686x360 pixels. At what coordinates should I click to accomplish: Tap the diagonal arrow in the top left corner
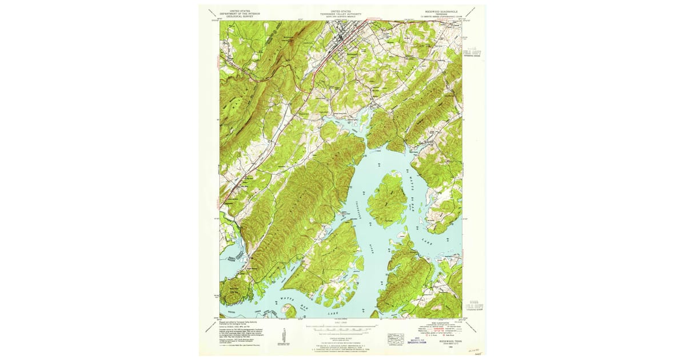pos(212,12)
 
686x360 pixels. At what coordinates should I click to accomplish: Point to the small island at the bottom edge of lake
pos(289,310)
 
